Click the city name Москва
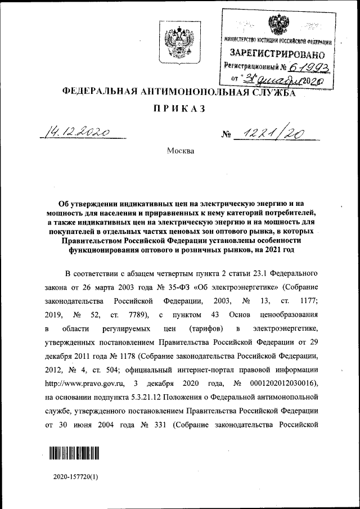pos(180,151)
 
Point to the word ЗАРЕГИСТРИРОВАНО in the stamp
pos(277,55)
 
